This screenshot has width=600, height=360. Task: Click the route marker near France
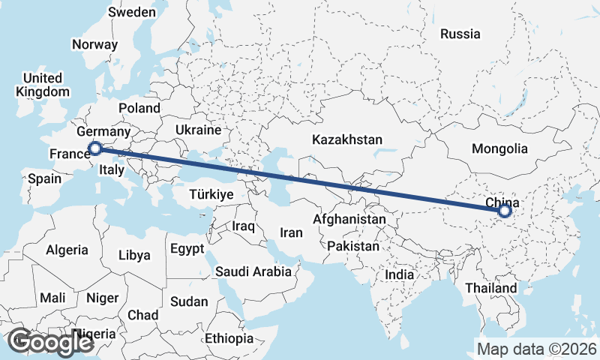pos(94,148)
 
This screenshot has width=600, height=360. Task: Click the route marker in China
pos(504,211)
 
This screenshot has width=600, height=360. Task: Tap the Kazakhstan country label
pos(348,140)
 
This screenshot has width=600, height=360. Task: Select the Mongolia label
pos(500,148)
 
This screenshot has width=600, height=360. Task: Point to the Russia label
pos(460,34)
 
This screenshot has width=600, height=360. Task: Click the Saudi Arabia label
pos(253,271)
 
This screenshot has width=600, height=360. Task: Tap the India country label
pos(400,275)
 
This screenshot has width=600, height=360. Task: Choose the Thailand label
pos(490,288)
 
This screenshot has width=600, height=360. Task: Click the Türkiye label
pos(212,194)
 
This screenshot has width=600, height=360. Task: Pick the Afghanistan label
pos(349,220)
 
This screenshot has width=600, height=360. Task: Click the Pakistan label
pos(354,246)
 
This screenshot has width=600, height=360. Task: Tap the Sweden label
pos(133,13)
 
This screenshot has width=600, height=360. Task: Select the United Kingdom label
pos(42,85)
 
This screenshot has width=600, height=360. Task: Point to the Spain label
pos(44,179)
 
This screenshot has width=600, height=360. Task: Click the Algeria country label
pos(67,250)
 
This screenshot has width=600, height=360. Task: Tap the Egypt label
pos(187,248)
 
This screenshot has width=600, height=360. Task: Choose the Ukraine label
pos(198,130)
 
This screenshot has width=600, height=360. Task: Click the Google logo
pos(50,342)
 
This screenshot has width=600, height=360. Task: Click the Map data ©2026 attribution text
pos(536,349)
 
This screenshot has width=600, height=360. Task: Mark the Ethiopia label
pos(229,338)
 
